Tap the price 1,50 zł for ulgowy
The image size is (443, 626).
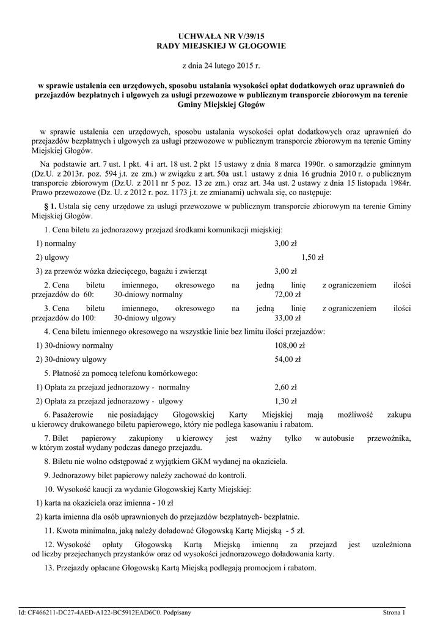pyautogui.click(x=312, y=257)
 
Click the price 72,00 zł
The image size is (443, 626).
pyautogui.click(x=288, y=295)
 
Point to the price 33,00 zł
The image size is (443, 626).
pyautogui.click(x=288, y=318)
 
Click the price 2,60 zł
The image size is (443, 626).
pyautogui.click(x=286, y=387)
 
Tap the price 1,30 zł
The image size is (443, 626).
pyautogui.click(x=286, y=401)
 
